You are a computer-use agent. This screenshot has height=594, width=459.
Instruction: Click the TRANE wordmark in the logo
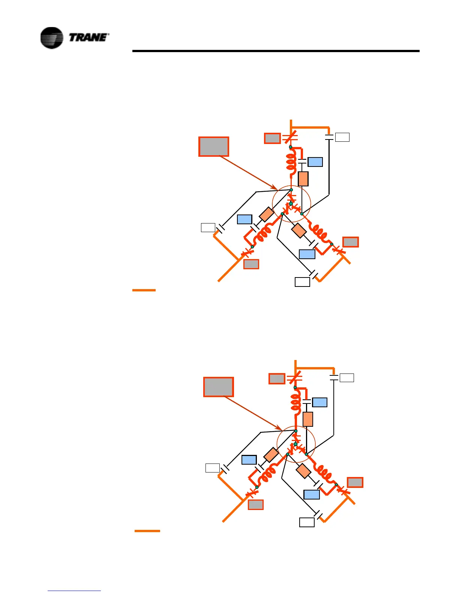[89, 37]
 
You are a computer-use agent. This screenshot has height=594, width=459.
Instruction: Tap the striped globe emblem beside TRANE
[51, 38]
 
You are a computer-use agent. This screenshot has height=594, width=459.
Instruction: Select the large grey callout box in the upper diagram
[213, 147]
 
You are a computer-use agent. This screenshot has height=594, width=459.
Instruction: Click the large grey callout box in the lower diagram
[218, 387]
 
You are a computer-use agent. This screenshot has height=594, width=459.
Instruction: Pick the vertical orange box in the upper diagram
[303, 179]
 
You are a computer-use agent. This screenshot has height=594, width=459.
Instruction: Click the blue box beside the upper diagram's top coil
[315, 162]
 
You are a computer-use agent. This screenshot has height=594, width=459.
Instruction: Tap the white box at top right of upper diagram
[342, 137]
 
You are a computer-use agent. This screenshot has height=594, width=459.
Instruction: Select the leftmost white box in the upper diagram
[208, 228]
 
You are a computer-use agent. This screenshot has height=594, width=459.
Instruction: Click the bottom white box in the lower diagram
[307, 522]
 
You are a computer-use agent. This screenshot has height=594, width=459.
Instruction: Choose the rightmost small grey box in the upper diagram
[351, 242]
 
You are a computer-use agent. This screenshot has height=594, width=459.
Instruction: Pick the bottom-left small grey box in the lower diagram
[256, 505]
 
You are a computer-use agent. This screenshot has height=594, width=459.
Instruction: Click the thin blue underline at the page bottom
[74, 591]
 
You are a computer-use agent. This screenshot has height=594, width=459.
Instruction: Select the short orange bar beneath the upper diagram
[144, 290]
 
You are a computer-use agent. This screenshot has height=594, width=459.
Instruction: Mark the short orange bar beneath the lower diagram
[147, 531]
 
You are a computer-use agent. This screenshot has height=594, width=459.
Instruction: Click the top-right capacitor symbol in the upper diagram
[329, 138]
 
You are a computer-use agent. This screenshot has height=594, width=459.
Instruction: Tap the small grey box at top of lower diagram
[277, 379]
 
